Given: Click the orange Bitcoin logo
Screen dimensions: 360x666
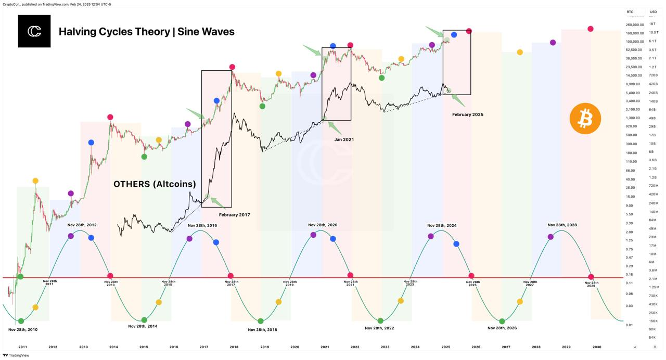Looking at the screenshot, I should tap(585, 119).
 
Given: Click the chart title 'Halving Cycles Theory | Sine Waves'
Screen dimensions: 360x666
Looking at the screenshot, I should tap(146, 31).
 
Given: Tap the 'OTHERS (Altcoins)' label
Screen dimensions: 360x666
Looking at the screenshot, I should tap(155, 184).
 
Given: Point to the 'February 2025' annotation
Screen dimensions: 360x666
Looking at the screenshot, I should tap(467, 114).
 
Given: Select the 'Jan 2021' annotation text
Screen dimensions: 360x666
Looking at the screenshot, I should tap(343, 139).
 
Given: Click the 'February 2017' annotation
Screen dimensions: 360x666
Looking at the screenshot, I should tap(234, 214).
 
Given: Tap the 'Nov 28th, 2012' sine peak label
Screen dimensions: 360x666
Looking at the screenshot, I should tap(82, 225).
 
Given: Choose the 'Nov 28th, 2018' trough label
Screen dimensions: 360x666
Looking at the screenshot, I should tap(262, 329).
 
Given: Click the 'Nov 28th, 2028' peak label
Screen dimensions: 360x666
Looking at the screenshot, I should tap(562, 225).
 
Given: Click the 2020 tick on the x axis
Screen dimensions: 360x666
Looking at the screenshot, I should tap(294, 346).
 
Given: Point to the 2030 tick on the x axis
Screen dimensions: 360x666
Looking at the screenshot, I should tap(597, 346).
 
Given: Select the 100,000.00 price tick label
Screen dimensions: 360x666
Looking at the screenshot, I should tap(634, 41).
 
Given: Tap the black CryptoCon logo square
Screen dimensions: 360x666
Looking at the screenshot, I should tap(34, 31).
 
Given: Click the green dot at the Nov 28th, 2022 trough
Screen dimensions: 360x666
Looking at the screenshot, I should tap(381, 321).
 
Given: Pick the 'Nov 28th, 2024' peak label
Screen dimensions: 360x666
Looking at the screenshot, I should tap(442, 225).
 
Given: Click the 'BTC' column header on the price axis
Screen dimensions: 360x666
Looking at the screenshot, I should tap(630, 11).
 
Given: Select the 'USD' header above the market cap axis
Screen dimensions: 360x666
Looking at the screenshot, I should tap(653, 11).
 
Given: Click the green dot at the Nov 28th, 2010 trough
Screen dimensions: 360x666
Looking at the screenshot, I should tap(21, 321).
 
